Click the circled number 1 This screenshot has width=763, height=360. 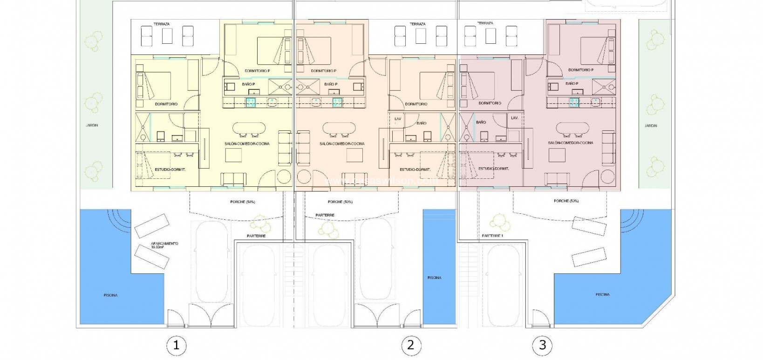[176, 345]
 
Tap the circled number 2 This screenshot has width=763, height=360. [410, 345]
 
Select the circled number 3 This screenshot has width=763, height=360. [542, 345]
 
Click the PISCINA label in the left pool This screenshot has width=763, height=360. [111, 295]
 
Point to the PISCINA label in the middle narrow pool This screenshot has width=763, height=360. [434, 278]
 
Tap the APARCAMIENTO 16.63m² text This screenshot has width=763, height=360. [164, 245]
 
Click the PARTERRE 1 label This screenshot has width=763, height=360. [493, 236]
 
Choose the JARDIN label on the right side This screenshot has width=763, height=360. [651, 126]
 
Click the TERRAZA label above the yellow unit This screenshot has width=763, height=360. [161, 24]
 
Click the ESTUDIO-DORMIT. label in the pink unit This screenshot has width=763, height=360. [493, 169]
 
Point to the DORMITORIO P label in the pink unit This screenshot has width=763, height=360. [581, 70]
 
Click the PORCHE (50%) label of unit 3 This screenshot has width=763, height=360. [566, 201]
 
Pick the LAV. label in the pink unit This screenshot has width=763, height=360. [514, 118]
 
